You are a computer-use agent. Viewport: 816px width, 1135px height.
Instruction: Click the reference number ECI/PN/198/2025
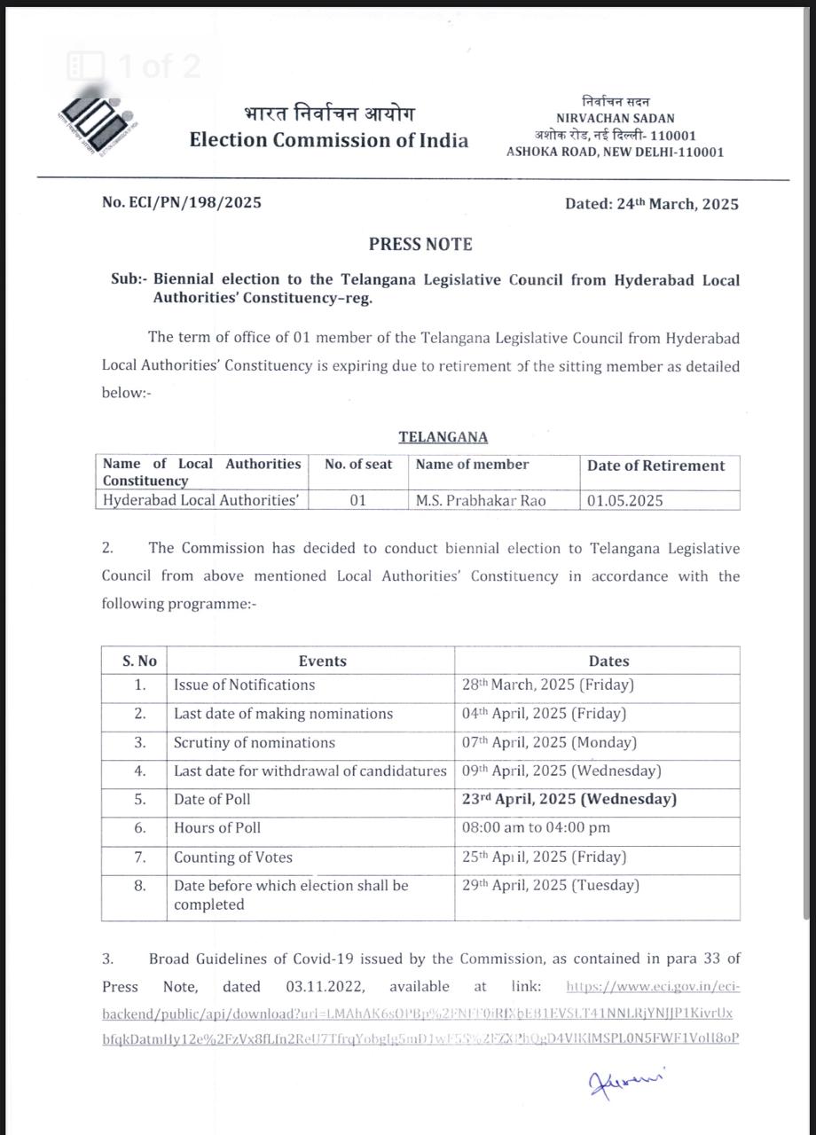182,202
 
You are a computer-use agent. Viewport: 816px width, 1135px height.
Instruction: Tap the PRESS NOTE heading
420,244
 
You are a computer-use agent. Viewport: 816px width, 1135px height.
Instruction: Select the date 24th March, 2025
652,203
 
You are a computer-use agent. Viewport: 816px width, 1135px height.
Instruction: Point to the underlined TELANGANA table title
443,437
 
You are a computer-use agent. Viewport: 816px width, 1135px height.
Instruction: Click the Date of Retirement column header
655,466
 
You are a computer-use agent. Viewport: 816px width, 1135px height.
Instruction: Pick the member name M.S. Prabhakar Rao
481,500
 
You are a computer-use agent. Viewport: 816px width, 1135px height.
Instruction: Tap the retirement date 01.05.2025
625,500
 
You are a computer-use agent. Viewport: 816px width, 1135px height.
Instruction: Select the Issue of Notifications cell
244,685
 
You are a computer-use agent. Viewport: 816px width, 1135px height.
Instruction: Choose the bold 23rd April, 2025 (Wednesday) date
569,799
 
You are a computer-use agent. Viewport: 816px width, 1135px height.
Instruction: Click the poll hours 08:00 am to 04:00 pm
536,827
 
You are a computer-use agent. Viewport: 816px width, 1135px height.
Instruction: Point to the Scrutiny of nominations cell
255,742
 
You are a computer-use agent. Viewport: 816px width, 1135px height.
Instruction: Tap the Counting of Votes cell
233,857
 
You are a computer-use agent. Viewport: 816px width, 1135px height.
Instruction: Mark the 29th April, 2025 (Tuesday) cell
550,885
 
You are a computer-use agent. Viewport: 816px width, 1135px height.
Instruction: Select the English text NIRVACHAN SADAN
615,118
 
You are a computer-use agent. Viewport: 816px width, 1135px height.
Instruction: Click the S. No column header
139,661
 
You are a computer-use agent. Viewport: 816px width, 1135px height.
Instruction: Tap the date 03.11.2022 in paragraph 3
323,986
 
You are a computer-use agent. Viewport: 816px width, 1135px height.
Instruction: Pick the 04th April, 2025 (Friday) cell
544,713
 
